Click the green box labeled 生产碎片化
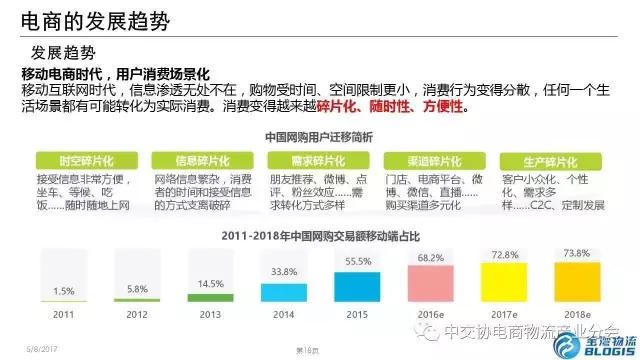click(541, 160)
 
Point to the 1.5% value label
click(64, 291)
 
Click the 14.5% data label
click(210, 283)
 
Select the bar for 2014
click(284, 290)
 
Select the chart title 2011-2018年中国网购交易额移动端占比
click(310, 236)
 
